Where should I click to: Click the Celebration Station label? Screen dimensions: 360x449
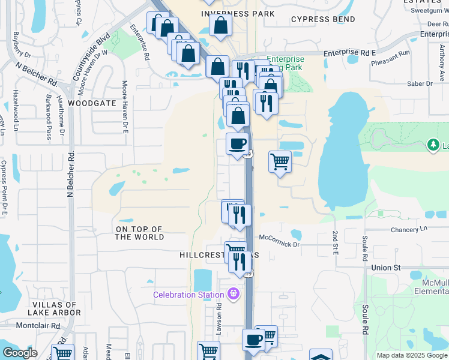(x=188, y=295)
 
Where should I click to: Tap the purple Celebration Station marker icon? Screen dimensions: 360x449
(x=233, y=294)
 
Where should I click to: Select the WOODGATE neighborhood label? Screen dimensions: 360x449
(x=91, y=103)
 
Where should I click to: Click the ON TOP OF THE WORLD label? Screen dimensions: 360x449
(x=139, y=233)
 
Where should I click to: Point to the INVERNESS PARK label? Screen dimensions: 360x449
(x=238, y=13)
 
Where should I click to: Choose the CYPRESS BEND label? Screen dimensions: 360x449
(x=323, y=19)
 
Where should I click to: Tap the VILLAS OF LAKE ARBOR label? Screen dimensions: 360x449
(x=53, y=309)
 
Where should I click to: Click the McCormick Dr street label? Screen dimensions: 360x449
(x=279, y=244)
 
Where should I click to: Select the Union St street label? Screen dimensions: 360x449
(x=385, y=267)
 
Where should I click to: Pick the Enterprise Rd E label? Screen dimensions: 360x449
(x=349, y=53)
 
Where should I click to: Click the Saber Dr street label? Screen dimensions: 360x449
(x=421, y=83)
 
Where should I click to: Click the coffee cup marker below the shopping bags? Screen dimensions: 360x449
(x=238, y=144)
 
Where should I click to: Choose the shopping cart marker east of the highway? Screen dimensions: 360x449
(x=280, y=161)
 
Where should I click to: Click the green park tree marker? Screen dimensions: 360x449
(x=433, y=145)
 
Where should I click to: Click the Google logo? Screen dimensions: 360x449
(x=20, y=353)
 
